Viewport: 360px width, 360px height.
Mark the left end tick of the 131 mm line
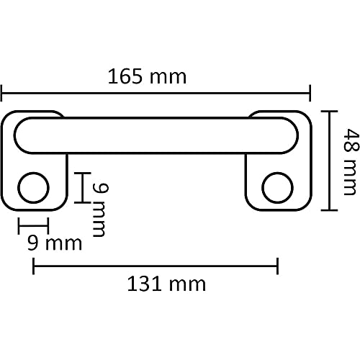click(32, 266)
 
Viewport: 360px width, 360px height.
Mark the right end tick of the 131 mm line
click(278, 266)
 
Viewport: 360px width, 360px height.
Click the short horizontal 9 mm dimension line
click(32, 225)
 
